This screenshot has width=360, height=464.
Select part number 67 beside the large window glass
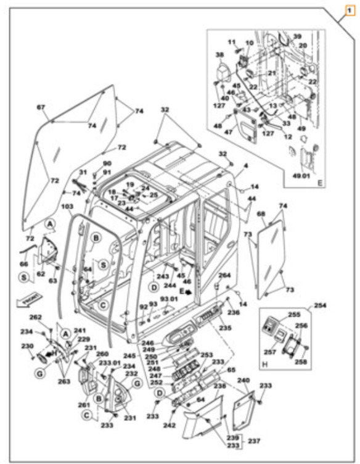click(41, 107)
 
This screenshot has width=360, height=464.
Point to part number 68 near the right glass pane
click(261, 215)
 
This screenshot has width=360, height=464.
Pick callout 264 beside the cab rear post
click(224, 275)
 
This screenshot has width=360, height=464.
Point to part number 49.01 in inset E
click(302, 175)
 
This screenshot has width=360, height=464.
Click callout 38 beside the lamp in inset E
click(220, 55)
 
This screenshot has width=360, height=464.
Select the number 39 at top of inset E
click(297, 36)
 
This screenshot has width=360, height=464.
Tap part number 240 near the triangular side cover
click(244, 381)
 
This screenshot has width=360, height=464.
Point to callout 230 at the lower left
click(27, 346)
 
